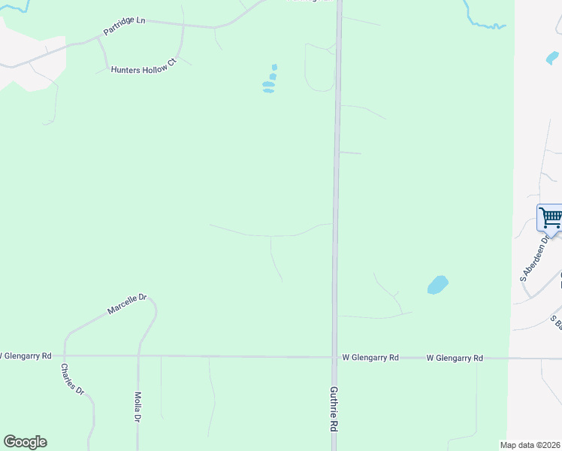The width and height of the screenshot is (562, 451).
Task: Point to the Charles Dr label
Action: coord(72,380)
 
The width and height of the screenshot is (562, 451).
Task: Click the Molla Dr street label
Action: coord(137,406)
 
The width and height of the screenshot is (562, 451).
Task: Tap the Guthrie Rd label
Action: coord(333,409)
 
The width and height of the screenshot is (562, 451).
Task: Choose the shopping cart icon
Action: coord(551,218)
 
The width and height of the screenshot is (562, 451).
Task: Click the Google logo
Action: coord(25,442)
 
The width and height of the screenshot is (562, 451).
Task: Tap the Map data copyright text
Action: coord(530,445)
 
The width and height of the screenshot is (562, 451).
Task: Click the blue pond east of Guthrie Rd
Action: coord(437,285)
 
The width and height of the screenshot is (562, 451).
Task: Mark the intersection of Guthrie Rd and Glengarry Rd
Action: coord(334,358)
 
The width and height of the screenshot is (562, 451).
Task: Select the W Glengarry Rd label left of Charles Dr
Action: coord(26,355)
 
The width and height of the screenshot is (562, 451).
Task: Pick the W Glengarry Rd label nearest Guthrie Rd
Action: coord(370,358)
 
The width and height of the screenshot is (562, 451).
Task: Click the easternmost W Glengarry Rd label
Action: coord(454,359)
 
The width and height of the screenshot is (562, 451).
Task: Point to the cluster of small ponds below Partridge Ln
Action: coord(270,80)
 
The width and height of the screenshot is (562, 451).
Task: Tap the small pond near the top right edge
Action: coord(552,56)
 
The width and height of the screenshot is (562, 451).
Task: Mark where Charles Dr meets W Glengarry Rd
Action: coord(65,356)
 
